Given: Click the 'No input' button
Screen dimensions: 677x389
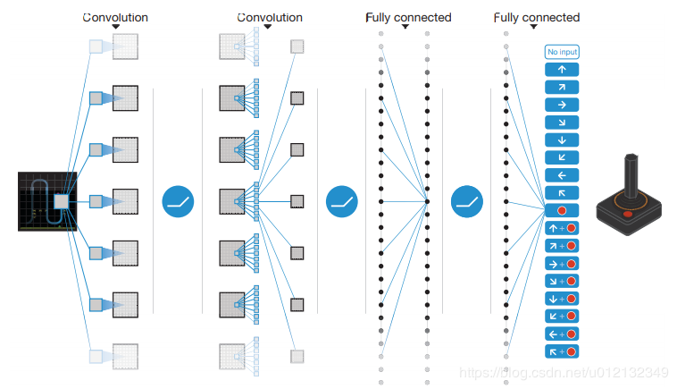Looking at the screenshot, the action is [x=562, y=52].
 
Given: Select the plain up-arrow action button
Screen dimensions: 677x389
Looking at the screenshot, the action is [x=562, y=70].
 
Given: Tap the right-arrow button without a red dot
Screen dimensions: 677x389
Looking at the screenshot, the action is [x=562, y=105].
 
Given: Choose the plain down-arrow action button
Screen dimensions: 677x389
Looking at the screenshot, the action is [x=562, y=140].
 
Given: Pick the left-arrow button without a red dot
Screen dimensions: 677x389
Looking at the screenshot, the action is [x=562, y=175].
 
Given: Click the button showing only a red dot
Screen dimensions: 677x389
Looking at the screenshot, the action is [x=562, y=210].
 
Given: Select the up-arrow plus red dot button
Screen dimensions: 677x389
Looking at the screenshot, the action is [x=562, y=228].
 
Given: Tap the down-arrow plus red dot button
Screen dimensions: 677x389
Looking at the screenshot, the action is [x=562, y=299].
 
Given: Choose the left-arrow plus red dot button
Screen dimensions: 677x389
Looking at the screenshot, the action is [x=562, y=334].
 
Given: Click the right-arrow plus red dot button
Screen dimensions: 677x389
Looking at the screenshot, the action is [x=562, y=264].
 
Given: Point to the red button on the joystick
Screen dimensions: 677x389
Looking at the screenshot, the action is [x=628, y=214].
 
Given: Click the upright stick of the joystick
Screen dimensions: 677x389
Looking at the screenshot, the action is [x=631, y=176].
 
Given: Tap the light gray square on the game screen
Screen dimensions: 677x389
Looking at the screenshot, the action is [x=61, y=201].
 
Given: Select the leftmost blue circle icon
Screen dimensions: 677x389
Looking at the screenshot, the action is [x=178, y=202].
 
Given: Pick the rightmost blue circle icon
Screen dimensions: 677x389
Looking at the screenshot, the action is [x=467, y=202].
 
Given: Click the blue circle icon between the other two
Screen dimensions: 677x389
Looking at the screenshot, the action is [x=341, y=202].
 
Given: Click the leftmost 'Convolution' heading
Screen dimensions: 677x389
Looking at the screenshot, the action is [x=115, y=18].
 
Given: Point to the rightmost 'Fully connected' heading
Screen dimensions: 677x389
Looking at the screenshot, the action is [x=537, y=18].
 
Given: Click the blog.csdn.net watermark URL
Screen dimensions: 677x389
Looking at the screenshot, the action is [x=564, y=372].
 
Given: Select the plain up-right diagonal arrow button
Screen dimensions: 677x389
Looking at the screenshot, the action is [x=562, y=88].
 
